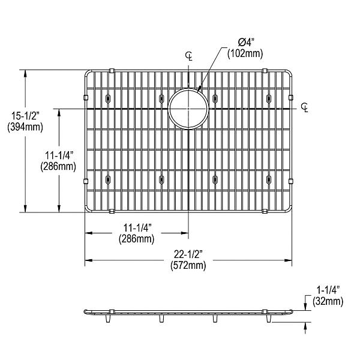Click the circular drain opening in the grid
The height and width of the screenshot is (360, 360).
click(x=188, y=109)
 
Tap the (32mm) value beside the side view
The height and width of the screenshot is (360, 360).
click(x=326, y=301)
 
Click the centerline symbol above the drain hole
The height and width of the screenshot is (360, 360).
click(x=189, y=57)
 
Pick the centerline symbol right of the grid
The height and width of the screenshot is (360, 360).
click(x=305, y=108)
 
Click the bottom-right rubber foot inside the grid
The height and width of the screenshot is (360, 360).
click(x=268, y=178)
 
